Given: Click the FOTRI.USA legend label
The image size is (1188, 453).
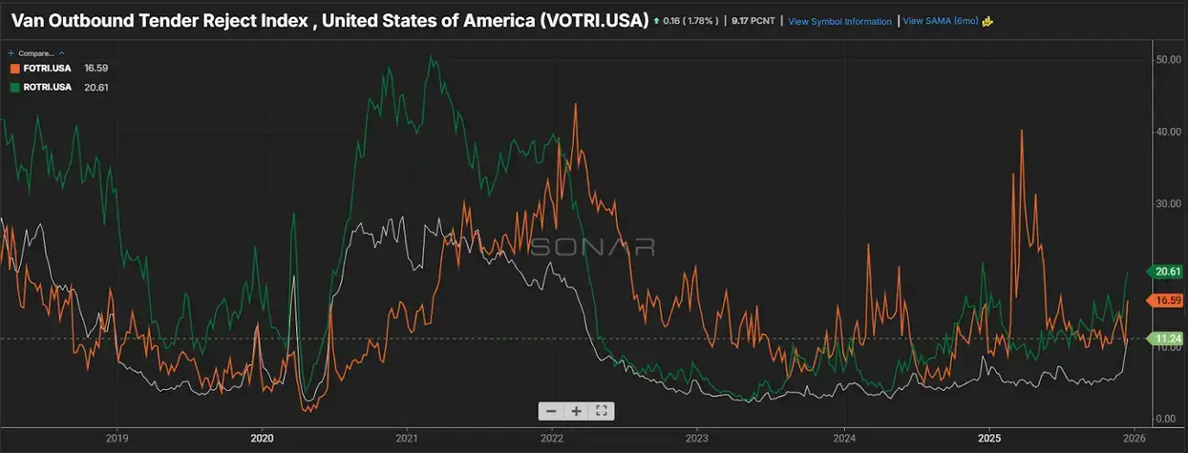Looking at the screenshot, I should pyautogui.click(x=46, y=69).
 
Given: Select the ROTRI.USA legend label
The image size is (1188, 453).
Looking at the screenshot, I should pyautogui.click(x=46, y=87).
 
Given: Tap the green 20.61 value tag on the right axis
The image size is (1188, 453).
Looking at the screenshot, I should pyautogui.click(x=1168, y=272).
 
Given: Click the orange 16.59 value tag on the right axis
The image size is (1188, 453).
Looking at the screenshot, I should pyautogui.click(x=1168, y=300).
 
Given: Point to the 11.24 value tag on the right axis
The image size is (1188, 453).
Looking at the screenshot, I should pyautogui.click(x=1168, y=339).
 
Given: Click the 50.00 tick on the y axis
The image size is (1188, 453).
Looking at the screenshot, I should pyautogui.click(x=1168, y=59).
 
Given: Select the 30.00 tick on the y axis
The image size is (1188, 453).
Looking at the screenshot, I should pyautogui.click(x=1168, y=203).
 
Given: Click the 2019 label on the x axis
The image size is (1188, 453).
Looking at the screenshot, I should pyautogui.click(x=117, y=440).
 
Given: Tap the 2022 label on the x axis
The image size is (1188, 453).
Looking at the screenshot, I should pyautogui.click(x=551, y=440).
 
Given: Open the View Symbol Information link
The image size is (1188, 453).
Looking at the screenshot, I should pyautogui.click(x=839, y=21).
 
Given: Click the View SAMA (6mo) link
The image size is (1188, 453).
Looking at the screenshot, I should pyautogui.click(x=940, y=21).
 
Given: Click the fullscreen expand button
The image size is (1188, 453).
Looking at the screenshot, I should pyautogui.click(x=602, y=411).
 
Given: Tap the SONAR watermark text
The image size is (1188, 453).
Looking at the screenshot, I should pyautogui.click(x=592, y=247).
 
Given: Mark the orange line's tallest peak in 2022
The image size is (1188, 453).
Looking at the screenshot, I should pyautogui.click(x=575, y=104).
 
